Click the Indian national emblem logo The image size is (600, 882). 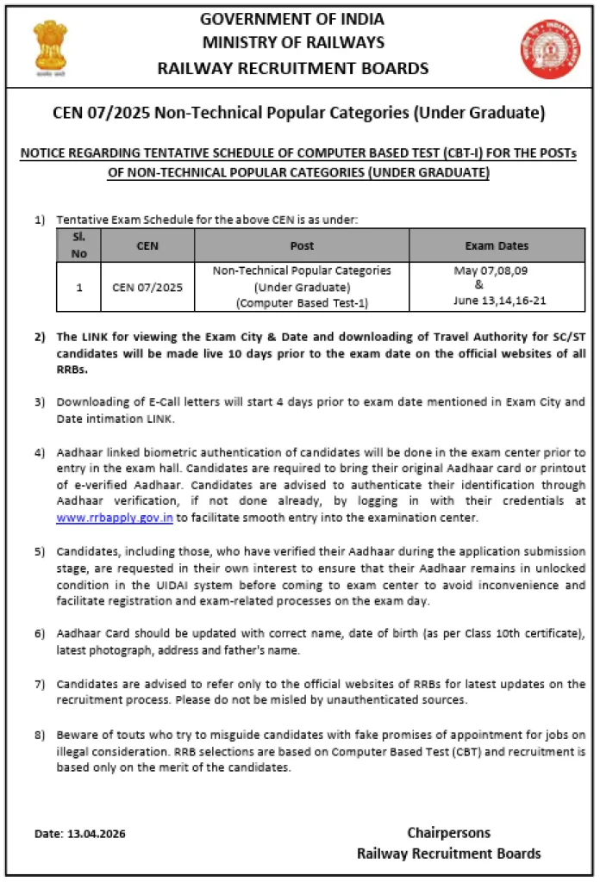(49, 48)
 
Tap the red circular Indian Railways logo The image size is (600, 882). (549, 49)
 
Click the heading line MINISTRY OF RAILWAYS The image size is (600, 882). (293, 42)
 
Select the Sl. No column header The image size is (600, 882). (78, 245)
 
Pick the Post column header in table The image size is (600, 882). (302, 245)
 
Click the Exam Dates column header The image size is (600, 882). (497, 245)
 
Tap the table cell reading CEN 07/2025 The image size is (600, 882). (147, 287)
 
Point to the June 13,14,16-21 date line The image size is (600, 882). (500, 301)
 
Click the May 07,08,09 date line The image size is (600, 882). (491, 270)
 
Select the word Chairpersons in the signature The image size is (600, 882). (448, 832)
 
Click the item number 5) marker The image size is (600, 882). (40, 551)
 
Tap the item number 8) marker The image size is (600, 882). (40, 736)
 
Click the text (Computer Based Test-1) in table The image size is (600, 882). (302, 302)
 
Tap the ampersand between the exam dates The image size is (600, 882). (479, 285)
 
